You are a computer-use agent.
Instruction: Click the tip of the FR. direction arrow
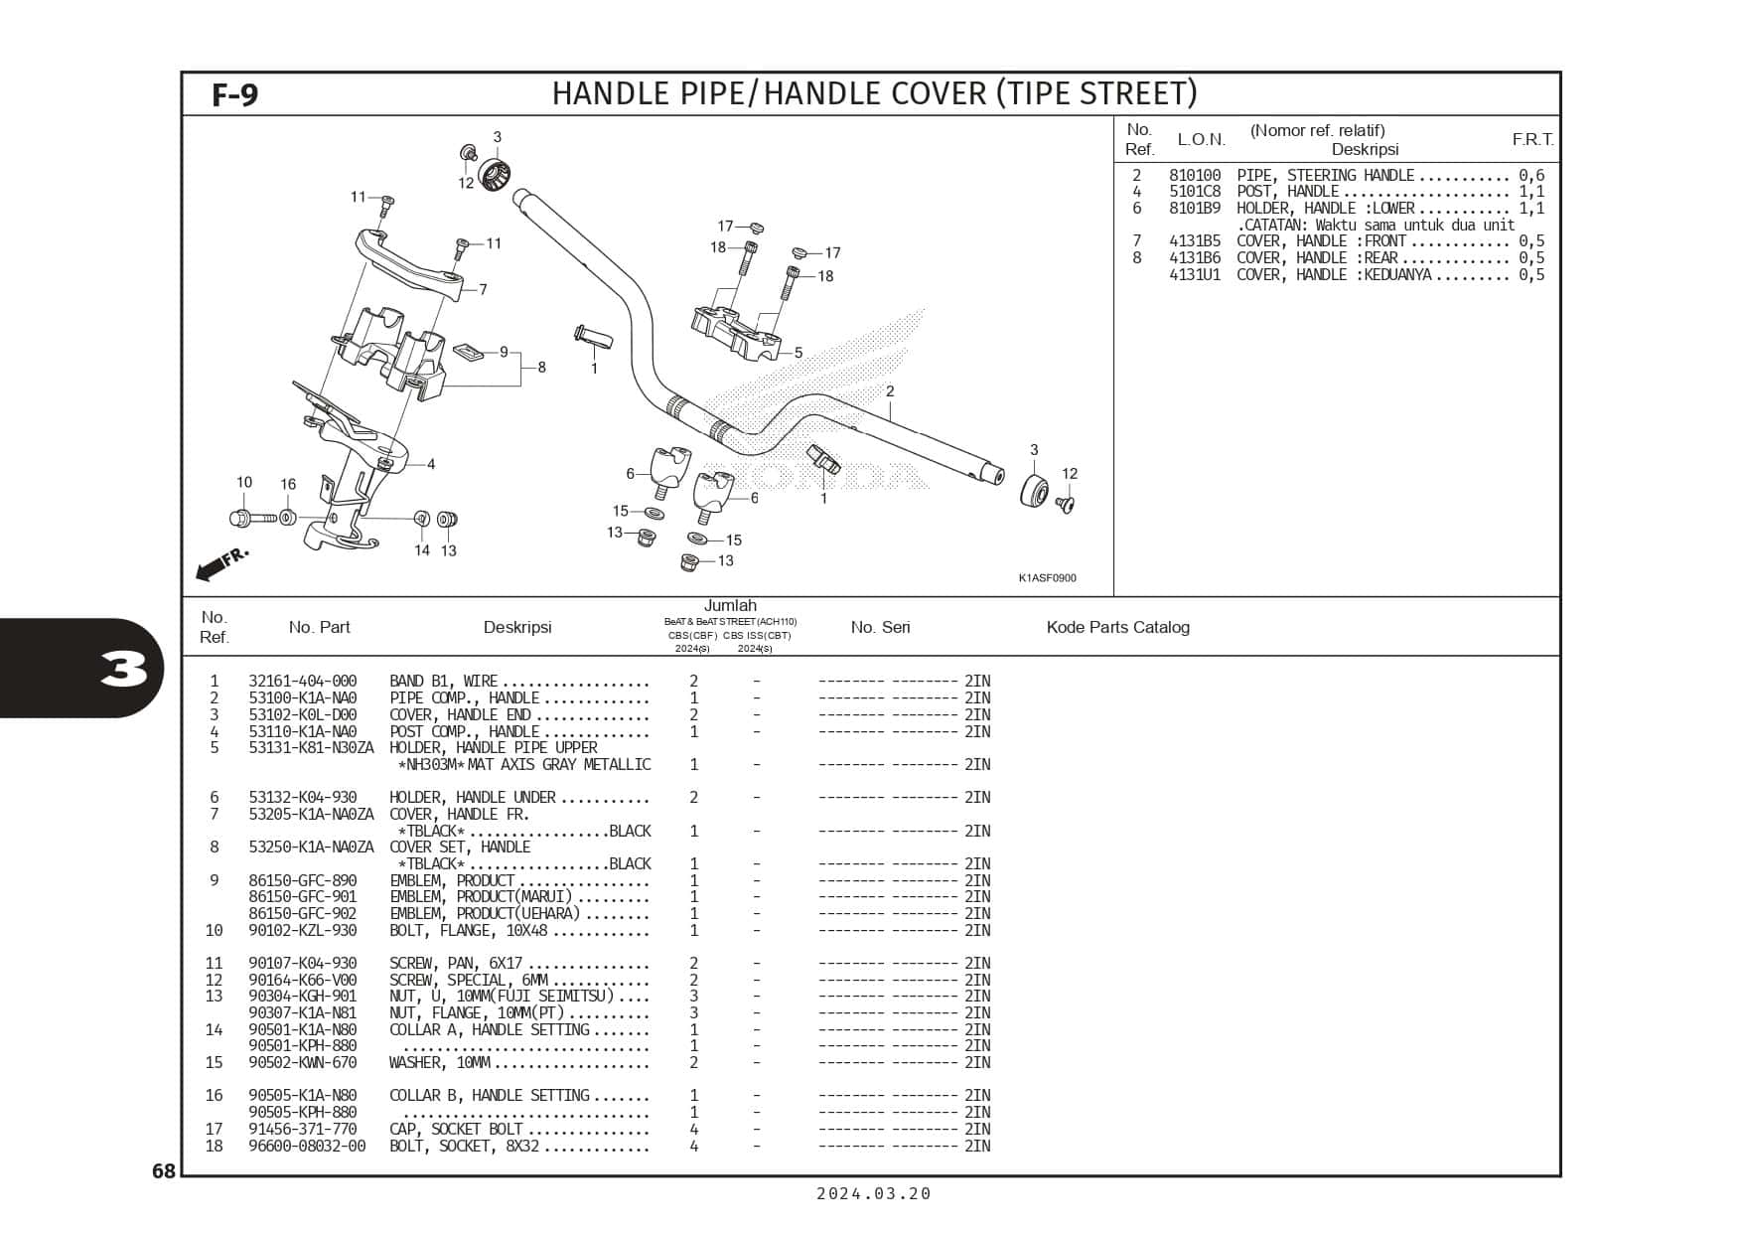click(x=197, y=575)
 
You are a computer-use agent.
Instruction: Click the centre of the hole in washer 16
click(x=287, y=518)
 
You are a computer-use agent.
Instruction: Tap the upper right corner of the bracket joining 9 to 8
click(x=522, y=352)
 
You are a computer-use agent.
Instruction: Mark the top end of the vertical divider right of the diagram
click(x=1113, y=116)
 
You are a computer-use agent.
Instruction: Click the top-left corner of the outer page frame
click(x=181, y=72)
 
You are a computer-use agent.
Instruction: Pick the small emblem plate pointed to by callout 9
click(x=467, y=351)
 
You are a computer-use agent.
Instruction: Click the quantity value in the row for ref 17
click(x=694, y=1130)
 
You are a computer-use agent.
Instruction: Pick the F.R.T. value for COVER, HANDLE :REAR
click(x=1531, y=258)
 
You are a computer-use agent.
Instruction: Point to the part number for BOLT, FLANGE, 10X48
click(x=303, y=931)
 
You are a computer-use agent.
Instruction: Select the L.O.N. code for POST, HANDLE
click(x=1195, y=192)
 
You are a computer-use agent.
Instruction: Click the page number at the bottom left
click(x=164, y=1171)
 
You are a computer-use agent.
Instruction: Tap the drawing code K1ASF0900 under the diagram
click(x=1047, y=578)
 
